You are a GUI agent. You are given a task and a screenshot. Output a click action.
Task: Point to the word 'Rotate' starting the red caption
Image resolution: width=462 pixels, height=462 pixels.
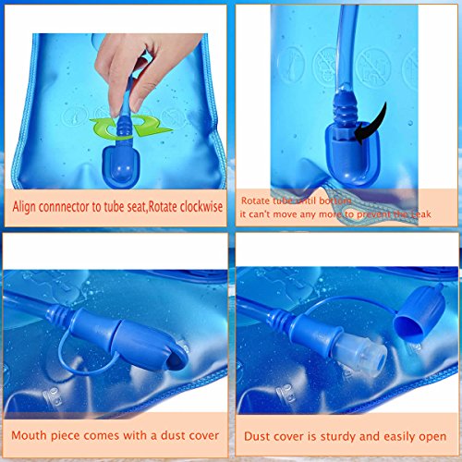click(x=260, y=200)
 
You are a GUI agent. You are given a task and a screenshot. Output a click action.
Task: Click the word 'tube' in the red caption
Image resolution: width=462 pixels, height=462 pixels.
click(x=296, y=200)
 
